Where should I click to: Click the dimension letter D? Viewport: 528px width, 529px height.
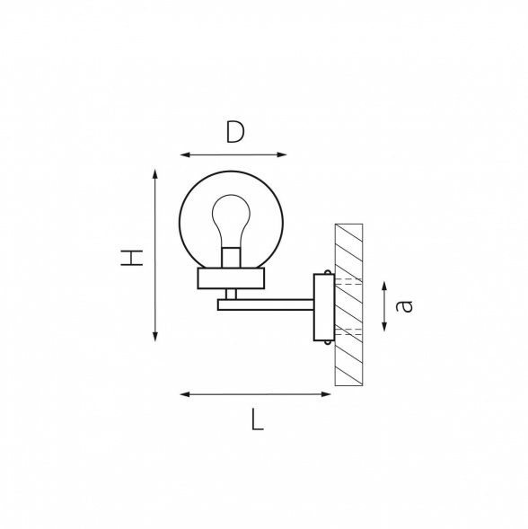pos(235,132)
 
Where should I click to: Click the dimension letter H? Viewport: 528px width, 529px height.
pos(132,258)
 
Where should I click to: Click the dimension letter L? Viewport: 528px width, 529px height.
pos(257,419)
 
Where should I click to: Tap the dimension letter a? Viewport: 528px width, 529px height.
pos(404,306)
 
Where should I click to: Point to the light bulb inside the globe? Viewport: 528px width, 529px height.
pos(231,221)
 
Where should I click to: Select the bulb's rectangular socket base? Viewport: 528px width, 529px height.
pos(231,258)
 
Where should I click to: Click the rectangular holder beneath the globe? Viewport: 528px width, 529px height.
pos(231,278)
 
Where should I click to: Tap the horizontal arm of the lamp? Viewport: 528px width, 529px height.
pos(266,304)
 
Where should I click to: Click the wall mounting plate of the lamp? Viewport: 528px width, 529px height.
pos(324,307)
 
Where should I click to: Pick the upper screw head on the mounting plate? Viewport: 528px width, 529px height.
pos(327,272)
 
